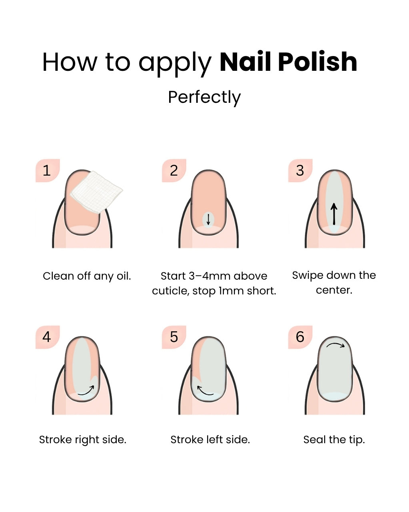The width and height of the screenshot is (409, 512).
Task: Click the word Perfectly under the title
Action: tap(204, 97)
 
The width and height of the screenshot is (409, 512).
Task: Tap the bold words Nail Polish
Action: tap(288, 62)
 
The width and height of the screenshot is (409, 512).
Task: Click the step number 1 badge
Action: tap(47, 171)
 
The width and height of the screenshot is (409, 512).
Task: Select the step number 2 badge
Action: tap(174, 171)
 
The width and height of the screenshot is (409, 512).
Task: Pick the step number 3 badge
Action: tap(300, 171)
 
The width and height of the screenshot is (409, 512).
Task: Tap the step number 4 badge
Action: tap(47, 337)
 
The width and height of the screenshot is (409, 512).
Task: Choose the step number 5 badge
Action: tap(174, 337)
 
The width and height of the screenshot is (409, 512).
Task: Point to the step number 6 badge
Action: tap(300, 337)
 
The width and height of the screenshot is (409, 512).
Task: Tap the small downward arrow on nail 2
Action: tap(208, 219)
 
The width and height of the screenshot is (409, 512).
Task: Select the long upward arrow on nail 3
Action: tap(334, 214)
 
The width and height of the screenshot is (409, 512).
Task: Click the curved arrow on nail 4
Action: tap(86, 391)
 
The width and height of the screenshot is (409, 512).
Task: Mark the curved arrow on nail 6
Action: tap(335, 345)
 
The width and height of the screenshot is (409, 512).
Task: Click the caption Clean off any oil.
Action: tap(87, 276)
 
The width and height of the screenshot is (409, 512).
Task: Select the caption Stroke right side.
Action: tap(83, 440)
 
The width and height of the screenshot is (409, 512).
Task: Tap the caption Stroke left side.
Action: tap(210, 440)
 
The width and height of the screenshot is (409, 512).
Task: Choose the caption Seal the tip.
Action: tap(334, 440)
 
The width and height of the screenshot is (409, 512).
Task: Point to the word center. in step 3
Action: tap(334, 290)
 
